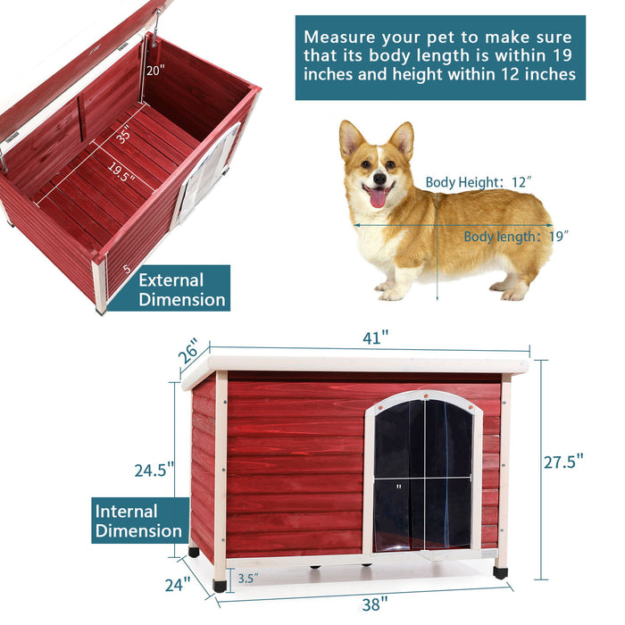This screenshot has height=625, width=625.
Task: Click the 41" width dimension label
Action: coord(375,338)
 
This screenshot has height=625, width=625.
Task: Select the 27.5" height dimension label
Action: coord(563,461)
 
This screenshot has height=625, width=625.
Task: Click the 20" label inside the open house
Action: coord(156,72)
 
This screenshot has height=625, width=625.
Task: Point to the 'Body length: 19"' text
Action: coord(516,237)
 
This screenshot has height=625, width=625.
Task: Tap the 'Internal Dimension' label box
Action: coord(139,521)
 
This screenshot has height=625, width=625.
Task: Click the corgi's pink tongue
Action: coord(379,197)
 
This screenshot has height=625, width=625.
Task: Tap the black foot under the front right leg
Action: coord(500,572)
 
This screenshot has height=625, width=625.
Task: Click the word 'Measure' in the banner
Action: coord(338,37)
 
